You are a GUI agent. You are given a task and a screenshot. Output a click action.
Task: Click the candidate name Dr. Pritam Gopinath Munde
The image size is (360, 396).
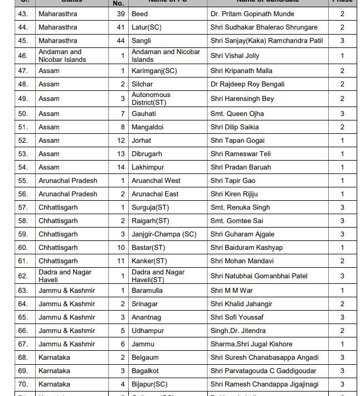point(252,13)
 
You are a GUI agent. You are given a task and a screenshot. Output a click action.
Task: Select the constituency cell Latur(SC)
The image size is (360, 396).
point(147,27)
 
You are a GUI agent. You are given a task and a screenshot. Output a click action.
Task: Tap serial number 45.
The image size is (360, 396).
point(23,40)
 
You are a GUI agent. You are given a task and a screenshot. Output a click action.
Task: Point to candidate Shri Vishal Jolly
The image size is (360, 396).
point(235,56)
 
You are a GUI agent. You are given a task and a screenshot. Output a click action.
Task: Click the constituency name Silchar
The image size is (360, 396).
point(143,84)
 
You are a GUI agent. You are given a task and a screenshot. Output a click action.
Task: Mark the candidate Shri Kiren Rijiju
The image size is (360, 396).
point(234,194)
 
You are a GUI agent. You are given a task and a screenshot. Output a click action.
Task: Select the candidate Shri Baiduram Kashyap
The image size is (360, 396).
point(246,248)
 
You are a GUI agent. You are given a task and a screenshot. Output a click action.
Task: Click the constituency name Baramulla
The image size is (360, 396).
point(147,291)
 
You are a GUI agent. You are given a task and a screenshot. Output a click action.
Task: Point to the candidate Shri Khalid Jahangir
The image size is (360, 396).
point(241,304)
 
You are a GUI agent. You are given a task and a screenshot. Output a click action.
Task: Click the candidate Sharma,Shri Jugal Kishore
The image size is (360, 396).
point(251,344)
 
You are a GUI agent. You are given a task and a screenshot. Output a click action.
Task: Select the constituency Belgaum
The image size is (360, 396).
point(145,358)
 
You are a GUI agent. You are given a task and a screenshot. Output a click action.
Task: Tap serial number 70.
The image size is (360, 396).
point(23,384)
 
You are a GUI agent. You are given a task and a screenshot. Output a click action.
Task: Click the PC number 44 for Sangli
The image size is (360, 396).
point(121,40)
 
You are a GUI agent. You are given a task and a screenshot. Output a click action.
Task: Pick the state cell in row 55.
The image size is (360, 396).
point(67,181)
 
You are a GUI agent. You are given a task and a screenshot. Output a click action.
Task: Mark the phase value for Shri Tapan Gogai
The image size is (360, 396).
point(342,141)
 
